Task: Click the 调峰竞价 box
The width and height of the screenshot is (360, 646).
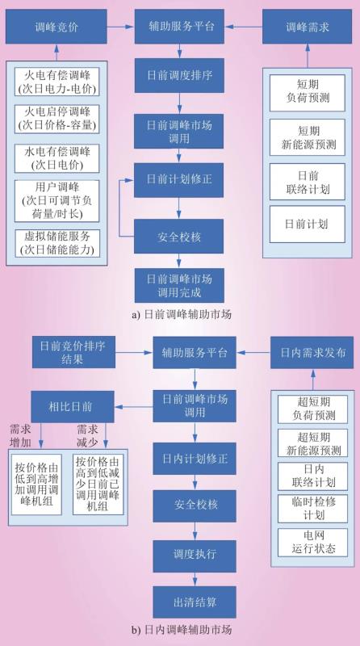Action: (57, 27)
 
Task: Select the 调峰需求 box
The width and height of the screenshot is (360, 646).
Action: (308, 27)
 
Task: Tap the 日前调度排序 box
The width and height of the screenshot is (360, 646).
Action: (179, 75)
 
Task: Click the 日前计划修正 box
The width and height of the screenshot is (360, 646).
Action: (179, 180)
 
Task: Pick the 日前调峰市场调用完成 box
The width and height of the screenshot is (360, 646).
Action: (179, 286)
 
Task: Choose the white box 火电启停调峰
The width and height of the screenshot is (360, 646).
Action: (57, 119)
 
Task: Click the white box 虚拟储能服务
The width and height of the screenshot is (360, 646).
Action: (57, 243)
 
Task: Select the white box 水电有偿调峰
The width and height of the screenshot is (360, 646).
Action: (57, 158)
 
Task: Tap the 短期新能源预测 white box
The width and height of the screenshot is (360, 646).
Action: (308, 137)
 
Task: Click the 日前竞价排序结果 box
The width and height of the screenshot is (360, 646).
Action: (73, 352)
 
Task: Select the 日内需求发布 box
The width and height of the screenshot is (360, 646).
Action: (312, 352)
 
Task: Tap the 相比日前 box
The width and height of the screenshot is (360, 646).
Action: (73, 407)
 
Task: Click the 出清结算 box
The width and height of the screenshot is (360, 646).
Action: (195, 602)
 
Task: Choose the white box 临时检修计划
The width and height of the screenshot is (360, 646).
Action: (312, 508)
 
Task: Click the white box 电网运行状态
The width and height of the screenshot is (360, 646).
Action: (312, 542)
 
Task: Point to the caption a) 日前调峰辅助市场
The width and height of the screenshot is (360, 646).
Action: (182, 315)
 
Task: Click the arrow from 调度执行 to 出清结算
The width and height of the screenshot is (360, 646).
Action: (195, 579)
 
